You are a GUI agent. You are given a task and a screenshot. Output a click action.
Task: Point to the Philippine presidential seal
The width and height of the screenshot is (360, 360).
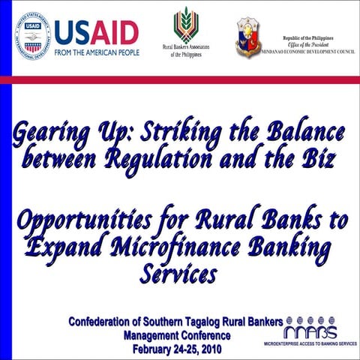coord(247,36)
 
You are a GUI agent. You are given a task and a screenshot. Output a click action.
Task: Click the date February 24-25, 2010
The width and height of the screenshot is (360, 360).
coord(177,349)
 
